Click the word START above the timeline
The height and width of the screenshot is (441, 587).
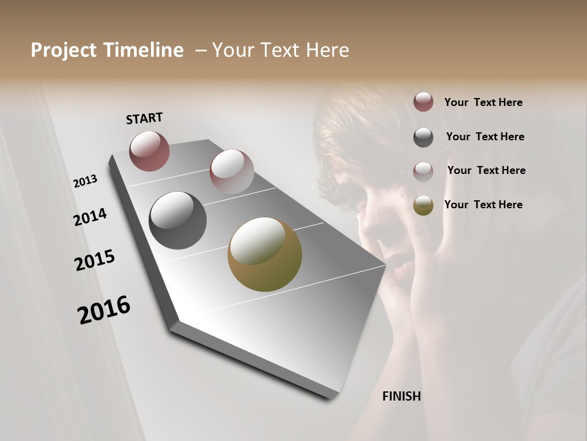[144, 118]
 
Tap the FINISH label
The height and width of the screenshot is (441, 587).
[402, 396]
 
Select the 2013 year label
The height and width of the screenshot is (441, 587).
[85, 181]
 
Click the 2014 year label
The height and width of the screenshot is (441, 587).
[90, 217]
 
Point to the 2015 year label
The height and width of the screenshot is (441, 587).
[95, 260]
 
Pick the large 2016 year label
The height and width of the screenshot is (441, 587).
[104, 309]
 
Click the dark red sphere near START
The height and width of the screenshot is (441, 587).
[149, 151]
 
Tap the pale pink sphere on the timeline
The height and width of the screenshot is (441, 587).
[232, 171]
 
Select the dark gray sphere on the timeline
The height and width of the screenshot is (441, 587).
[178, 221]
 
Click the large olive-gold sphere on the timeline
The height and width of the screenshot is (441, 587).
[265, 254]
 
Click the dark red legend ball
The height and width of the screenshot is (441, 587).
[423, 102]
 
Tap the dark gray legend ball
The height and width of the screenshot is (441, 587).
[423, 137]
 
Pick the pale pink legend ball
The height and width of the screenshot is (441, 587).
[423, 171]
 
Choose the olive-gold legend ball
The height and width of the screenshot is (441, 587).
[423, 205]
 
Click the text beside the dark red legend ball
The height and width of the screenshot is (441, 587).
[483, 102]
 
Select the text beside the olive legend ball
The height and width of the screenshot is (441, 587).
[483, 205]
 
